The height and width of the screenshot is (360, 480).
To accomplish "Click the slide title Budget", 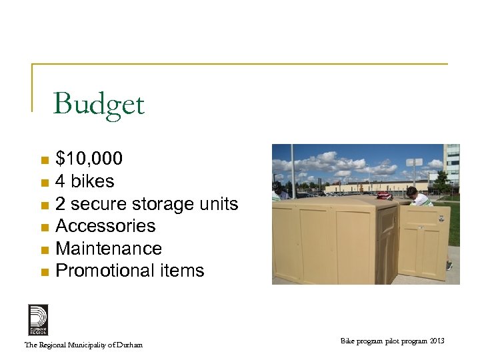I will [99, 105].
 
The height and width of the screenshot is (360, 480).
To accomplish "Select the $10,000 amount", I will [89, 159].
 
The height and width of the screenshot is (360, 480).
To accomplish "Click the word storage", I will [161, 203].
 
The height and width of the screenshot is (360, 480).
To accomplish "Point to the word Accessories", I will [105, 226].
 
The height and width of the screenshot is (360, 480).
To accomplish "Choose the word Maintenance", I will [109, 249].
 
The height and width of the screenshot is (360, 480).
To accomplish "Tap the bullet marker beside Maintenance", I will [44, 250].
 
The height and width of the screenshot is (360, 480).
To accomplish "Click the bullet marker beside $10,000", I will [44, 160].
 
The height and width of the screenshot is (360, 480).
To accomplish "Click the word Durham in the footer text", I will [128, 345].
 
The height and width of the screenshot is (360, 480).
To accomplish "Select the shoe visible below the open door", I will [449, 265].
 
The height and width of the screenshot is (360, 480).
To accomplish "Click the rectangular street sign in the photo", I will [415, 162].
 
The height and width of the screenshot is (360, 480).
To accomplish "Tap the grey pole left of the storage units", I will [292, 171].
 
